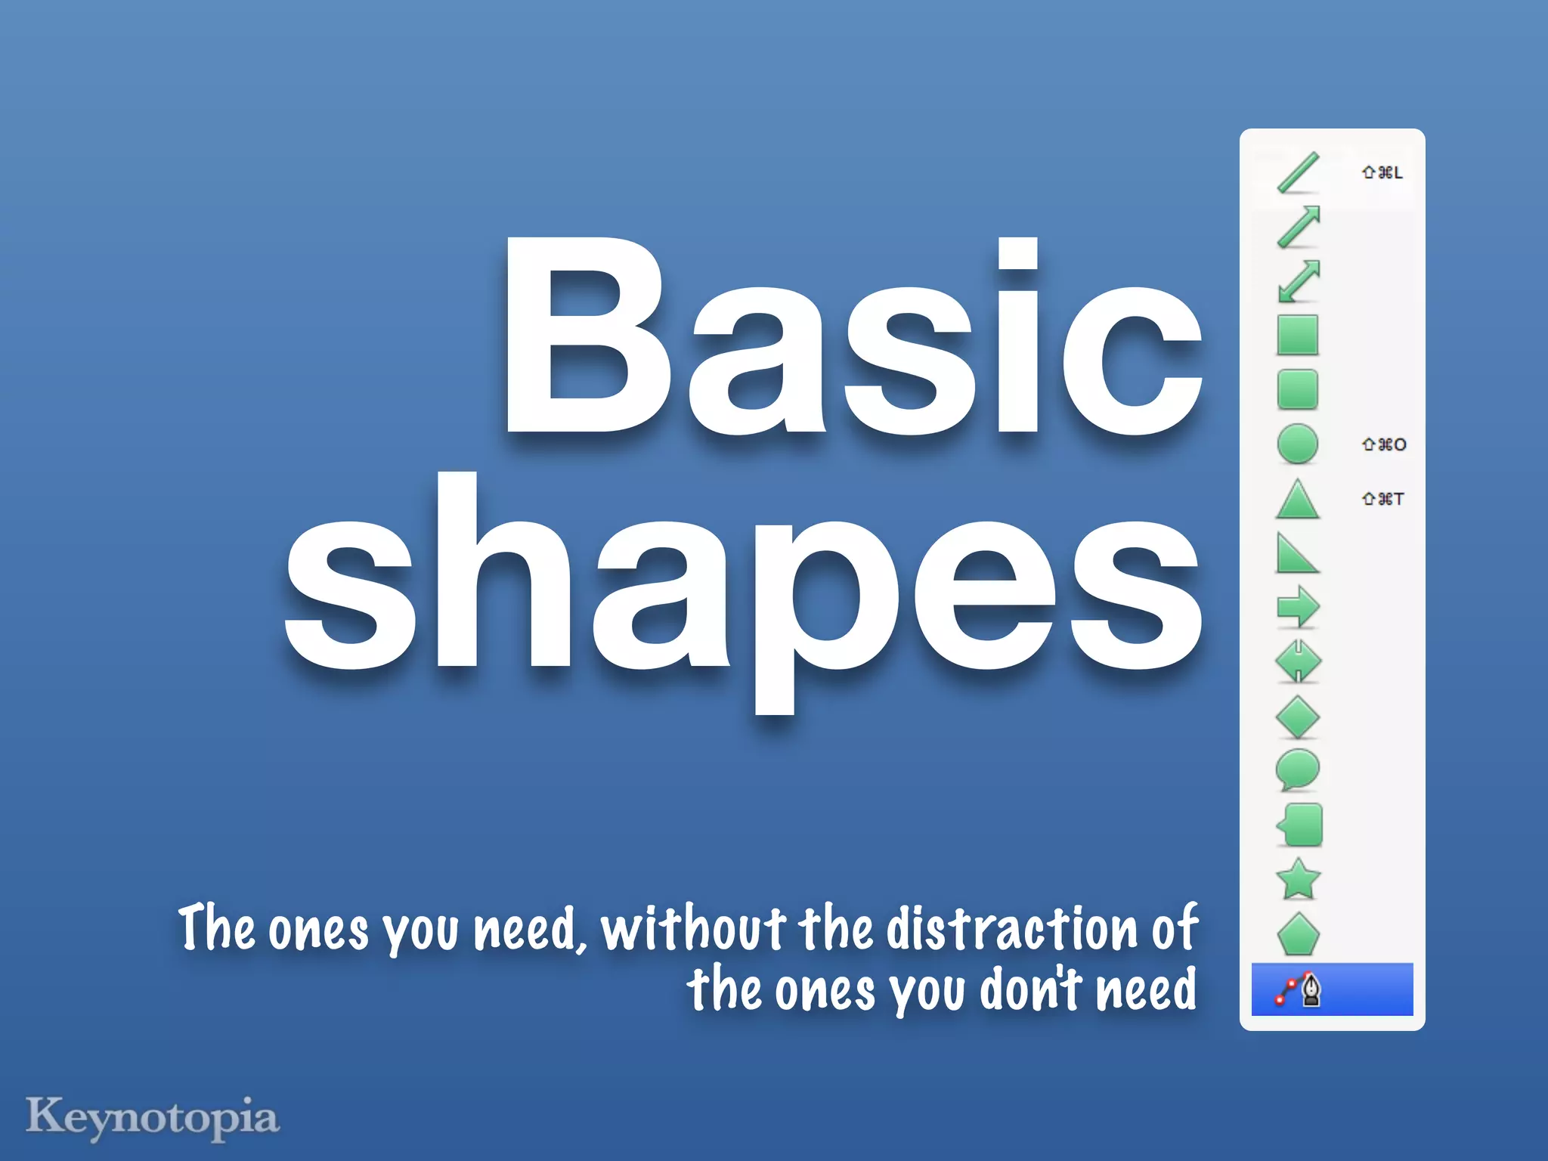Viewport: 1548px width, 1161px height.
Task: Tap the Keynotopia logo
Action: (x=152, y=1117)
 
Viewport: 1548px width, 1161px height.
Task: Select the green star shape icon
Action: (x=1298, y=879)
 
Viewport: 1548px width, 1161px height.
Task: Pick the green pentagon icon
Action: (x=1298, y=934)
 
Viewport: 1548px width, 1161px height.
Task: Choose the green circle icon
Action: (x=1298, y=444)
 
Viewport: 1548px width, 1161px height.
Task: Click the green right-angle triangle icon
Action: (x=1296, y=554)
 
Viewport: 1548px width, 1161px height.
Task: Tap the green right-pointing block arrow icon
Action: (x=1298, y=607)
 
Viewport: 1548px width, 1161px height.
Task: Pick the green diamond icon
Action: (x=1298, y=717)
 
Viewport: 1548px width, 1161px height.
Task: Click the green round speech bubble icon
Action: (x=1298, y=770)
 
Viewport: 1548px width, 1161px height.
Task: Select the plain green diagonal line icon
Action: (x=1298, y=172)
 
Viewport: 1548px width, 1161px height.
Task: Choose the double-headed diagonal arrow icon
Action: (x=1298, y=280)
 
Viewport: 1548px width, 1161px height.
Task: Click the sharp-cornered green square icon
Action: (x=1298, y=335)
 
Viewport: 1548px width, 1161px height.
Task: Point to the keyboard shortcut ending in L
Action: (x=1382, y=172)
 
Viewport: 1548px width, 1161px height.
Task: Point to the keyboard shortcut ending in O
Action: (x=1383, y=444)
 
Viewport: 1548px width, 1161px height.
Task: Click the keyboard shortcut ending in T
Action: (x=1382, y=499)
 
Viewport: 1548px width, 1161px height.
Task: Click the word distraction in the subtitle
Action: (x=1013, y=927)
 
